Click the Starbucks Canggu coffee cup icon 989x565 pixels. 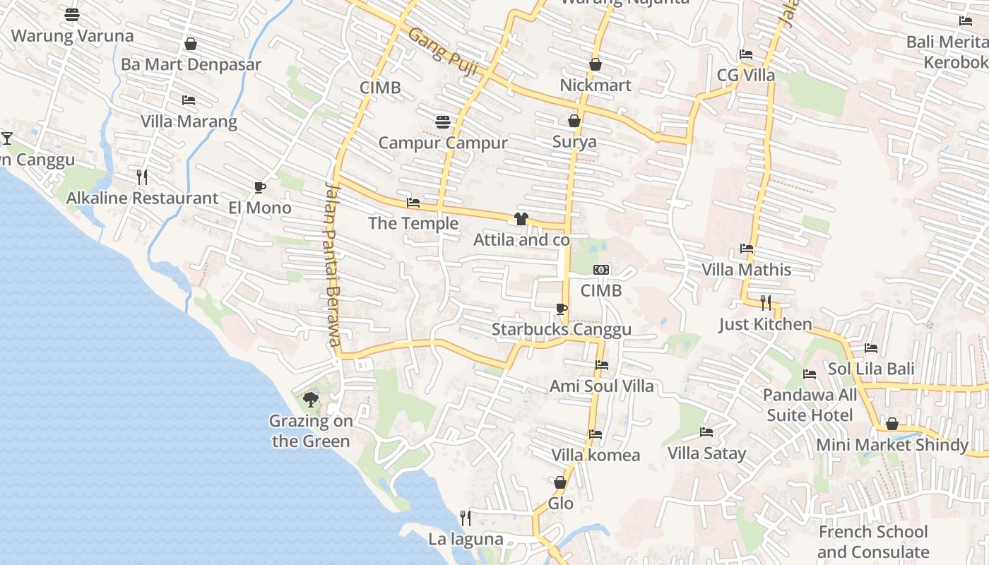click(x=561, y=309)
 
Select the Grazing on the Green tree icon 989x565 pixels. click(x=310, y=400)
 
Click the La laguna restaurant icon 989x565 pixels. click(x=465, y=518)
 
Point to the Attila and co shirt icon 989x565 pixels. click(x=521, y=219)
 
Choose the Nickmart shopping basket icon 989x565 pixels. click(x=596, y=64)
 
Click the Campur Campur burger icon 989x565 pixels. click(x=443, y=122)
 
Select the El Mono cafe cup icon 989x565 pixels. click(x=260, y=187)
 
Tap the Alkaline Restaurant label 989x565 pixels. click(x=142, y=198)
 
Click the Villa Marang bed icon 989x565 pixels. click(x=189, y=100)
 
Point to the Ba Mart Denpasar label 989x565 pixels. click(x=191, y=64)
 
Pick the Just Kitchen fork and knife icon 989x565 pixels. click(x=766, y=303)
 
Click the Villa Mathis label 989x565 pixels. click(x=746, y=270)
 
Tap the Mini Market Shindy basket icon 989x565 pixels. click(x=892, y=424)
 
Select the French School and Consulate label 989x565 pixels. click(x=873, y=542)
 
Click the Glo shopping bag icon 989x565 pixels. click(x=560, y=483)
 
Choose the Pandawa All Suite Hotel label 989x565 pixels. click(x=810, y=405)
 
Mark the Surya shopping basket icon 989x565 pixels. click(x=574, y=121)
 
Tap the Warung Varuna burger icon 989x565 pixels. click(x=72, y=14)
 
